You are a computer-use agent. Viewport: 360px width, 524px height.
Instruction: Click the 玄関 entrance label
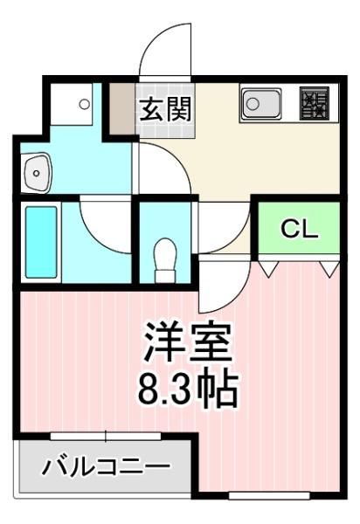(165, 109)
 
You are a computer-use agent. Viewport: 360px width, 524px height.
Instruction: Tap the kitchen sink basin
(261, 103)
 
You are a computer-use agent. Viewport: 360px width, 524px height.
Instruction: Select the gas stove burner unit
(314, 103)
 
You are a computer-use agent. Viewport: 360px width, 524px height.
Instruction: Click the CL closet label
(299, 229)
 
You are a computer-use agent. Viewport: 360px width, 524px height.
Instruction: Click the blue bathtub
(41, 242)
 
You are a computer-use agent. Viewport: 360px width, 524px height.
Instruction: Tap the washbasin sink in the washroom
(36, 173)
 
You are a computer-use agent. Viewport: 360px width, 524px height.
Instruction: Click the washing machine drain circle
(84, 104)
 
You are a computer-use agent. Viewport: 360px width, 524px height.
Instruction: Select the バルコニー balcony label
(106, 465)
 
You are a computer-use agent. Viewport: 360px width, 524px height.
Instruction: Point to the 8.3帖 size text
(188, 389)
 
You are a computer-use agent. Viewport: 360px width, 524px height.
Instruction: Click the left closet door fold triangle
(269, 268)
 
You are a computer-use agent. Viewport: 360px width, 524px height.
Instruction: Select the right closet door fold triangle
(330, 268)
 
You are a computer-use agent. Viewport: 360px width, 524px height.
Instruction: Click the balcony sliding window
(106, 436)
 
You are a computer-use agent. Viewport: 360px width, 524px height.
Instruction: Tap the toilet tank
(165, 276)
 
